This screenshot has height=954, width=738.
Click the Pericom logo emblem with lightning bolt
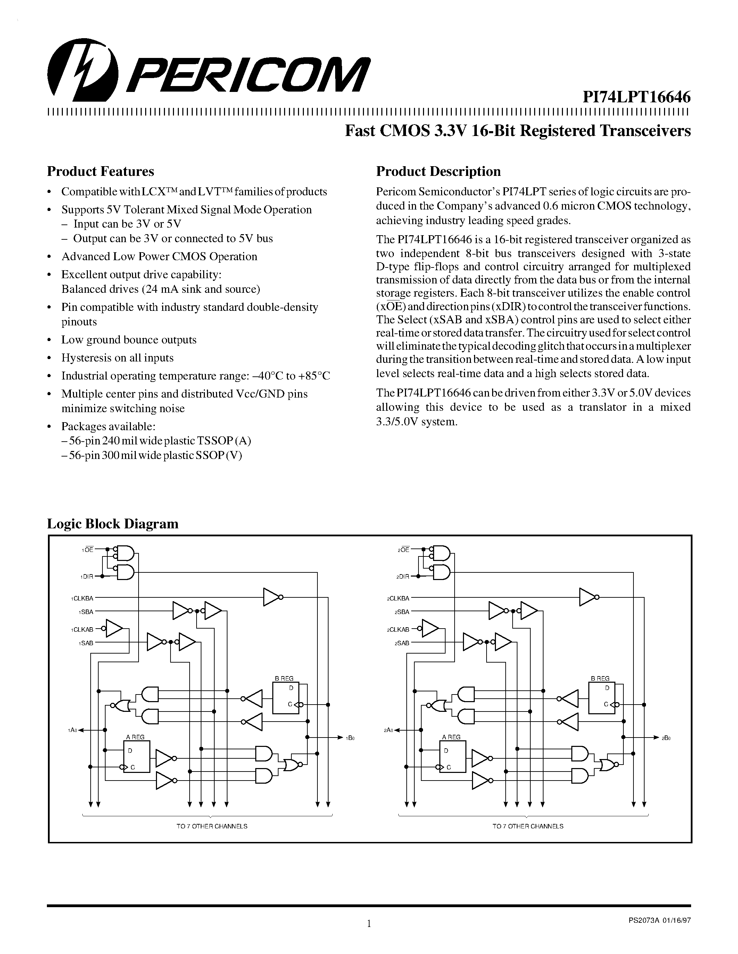[83, 71]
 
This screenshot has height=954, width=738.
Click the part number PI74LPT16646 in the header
[637, 96]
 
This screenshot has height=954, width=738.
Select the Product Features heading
[101, 171]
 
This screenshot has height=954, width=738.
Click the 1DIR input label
[86, 577]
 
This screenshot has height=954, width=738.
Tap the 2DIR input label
[403, 577]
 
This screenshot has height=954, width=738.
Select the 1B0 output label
[350, 738]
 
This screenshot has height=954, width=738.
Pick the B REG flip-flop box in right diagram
[602, 698]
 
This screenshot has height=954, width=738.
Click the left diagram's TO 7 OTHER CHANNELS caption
[212, 826]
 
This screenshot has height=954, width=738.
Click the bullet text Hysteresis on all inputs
[117, 358]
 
